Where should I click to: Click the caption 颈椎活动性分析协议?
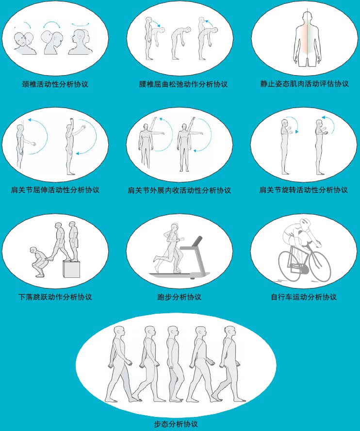click(x=55, y=84)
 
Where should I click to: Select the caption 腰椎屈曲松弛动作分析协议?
click(x=183, y=84)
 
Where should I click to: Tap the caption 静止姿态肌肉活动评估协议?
click(x=304, y=84)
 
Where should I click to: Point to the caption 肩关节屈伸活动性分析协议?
click(x=55, y=190)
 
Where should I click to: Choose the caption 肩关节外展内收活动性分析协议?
click(x=180, y=190)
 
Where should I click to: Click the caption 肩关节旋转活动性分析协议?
click(x=304, y=190)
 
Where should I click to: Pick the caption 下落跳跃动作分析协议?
click(x=55, y=297)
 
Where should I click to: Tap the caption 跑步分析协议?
click(x=180, y=297)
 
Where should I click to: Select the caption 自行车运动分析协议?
click(x=304, y=297)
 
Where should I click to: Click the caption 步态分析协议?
click(x=176, y=424)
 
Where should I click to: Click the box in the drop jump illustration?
click(x=71, y=269)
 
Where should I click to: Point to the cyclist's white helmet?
click(x=305, y=224)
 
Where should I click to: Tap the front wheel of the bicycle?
click(x=320, y=266)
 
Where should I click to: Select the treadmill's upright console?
click(x=196, y=241)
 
